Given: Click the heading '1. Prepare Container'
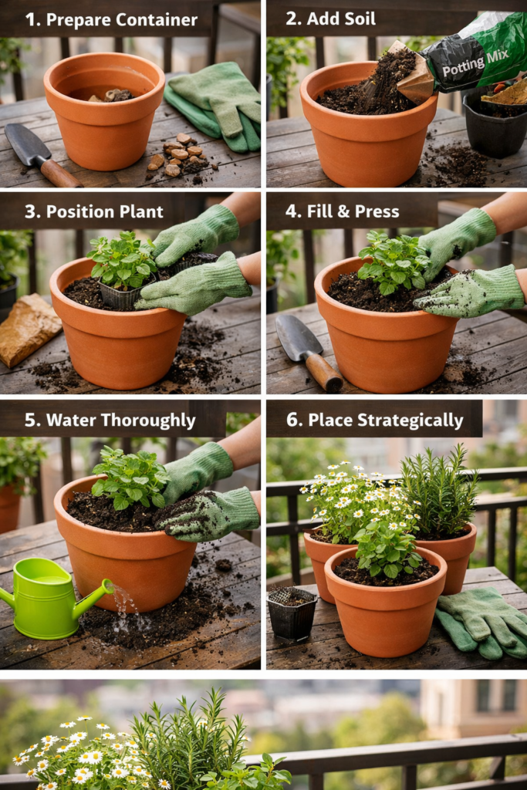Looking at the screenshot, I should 111,19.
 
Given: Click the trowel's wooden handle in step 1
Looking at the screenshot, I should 60,174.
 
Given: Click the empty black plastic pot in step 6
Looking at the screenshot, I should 291,613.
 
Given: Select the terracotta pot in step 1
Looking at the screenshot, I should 104,116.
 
